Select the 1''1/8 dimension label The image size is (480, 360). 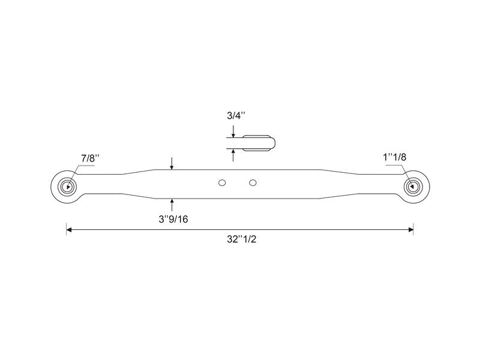coord(394,157)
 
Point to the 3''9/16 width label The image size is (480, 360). coord(173,220)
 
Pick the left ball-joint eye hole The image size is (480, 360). coord(68,186)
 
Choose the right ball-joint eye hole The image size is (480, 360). coord(413,186)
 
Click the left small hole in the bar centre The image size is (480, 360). coord(222,182)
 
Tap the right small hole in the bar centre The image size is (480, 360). coord(253,182)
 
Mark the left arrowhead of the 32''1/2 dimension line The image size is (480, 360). coord(70,229)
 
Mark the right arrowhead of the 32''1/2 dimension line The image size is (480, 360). coord(410,229)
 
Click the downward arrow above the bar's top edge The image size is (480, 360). coord(172,164)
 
